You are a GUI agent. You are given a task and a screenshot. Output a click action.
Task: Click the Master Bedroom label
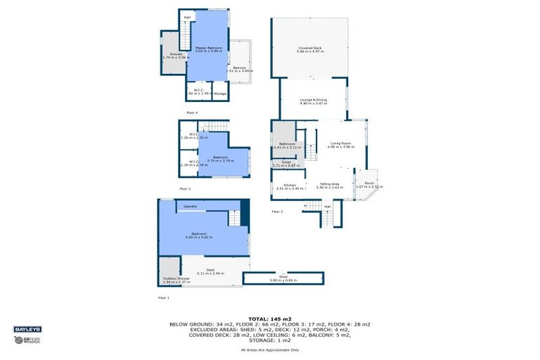click(208, 49)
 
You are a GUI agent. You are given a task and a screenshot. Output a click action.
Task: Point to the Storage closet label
click(220, 94)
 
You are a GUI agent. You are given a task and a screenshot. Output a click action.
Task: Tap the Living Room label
click(342, 145)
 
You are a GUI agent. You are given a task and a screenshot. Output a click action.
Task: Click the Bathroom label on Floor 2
click(286, 145)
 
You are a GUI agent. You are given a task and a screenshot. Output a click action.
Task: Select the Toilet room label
click(285, 163)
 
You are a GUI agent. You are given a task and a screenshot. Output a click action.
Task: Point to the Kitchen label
click(290, 186)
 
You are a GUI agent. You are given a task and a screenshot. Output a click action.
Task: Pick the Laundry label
click(190, 206)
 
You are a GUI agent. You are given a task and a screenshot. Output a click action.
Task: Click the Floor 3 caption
click(185, 188)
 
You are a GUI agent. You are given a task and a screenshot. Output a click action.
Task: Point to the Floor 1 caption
click(164, 297)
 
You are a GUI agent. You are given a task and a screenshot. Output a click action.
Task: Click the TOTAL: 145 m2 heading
click(269, 318)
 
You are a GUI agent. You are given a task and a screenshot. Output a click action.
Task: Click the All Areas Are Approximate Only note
click(269, 349)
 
